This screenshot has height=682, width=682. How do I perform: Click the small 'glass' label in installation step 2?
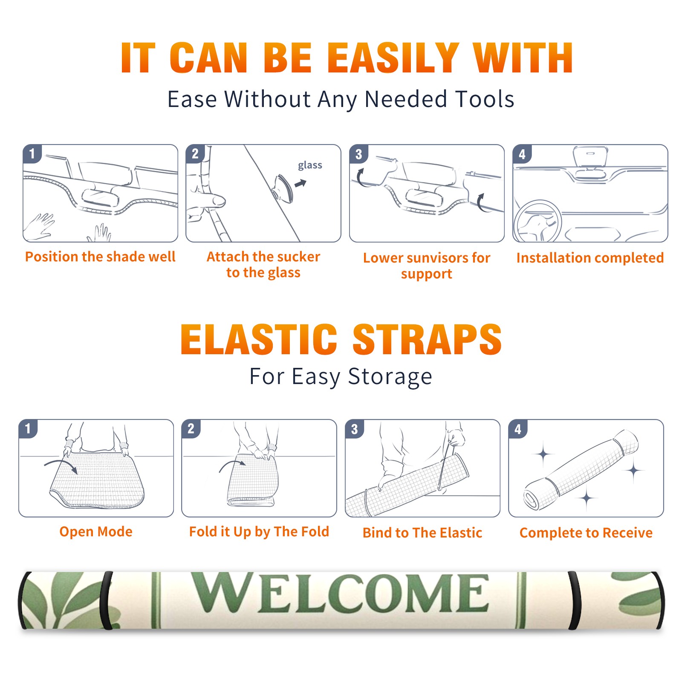(x=310, y=165)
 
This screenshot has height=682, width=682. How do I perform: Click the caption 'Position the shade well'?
(x=100, y=257)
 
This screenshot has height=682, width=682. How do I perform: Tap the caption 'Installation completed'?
(x=590, y=258)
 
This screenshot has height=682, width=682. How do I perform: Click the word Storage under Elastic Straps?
(x=390, y=377)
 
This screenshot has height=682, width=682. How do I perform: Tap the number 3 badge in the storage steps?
(x=355, y=429)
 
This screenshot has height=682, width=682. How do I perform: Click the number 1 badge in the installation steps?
(x=32, y=154)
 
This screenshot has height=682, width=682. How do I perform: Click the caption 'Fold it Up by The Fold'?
(x=259, y=532)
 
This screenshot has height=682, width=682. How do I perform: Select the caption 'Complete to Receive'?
(x=586, y=533)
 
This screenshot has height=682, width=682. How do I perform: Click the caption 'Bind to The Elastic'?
(x=422, y=533)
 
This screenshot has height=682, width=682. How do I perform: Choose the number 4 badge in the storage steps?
(x=518, y=429)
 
